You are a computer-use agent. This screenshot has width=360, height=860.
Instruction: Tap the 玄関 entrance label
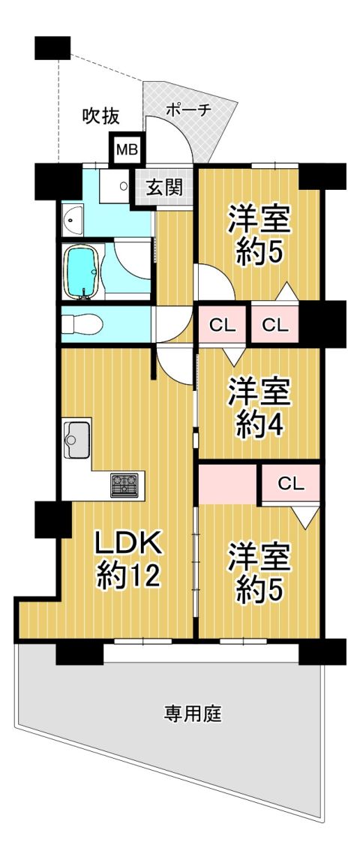point(164,188)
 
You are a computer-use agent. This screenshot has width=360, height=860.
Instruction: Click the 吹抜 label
point(100,115)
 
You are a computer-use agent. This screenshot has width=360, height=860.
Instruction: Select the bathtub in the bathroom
point(82,272)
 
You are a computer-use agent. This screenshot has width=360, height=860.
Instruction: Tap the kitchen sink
point(76,438)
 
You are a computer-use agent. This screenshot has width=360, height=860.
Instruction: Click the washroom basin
point(72,220)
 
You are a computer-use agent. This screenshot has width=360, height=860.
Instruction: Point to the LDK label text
point(129,546)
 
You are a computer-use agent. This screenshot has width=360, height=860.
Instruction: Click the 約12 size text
point(129,576)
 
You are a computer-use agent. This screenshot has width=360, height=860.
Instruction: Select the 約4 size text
point(259,423)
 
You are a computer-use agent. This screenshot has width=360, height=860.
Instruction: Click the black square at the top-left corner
point(52,48)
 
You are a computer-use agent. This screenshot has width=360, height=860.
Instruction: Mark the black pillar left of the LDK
point(53,519)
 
